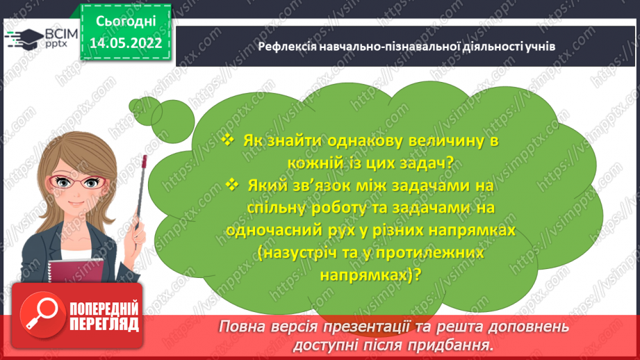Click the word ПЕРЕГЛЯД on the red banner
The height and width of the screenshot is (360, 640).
[104, 324]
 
